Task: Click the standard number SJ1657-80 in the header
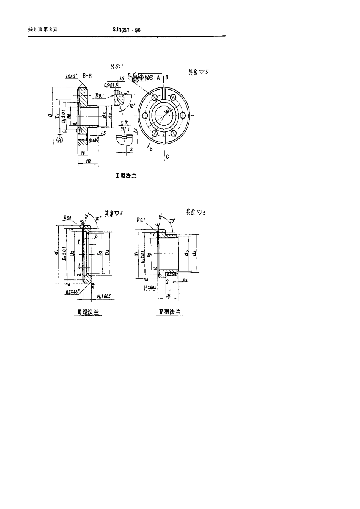[127, 30]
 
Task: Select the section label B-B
[87, 76]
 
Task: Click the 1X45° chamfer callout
[72, 76]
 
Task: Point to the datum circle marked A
[59, 140]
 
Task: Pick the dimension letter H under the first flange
[82, 153]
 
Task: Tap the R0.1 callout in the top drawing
[100, 96]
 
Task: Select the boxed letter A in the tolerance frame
[158, 78]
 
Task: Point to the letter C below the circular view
[167, 156]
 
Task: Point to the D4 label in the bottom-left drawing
[108, 252]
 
